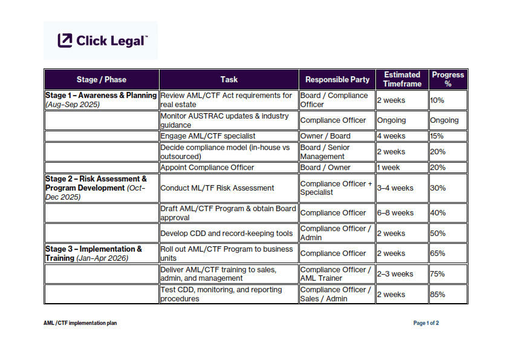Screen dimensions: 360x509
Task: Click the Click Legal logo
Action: (102, 41)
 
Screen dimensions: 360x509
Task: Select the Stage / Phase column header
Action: (102, 79)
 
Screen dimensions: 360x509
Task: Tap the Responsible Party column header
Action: (337, 79)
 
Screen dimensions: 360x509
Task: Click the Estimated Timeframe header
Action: (402, 79)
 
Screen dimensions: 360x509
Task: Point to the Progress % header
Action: (448, 79)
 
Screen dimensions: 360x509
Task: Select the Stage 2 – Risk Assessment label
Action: (96, 183)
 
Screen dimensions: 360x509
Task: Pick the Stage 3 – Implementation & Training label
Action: (94, 254)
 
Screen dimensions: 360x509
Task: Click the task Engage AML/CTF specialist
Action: (208, 136)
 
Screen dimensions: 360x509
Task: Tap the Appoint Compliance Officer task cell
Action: (207, 168)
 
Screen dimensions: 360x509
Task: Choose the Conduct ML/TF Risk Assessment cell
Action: (217, 188)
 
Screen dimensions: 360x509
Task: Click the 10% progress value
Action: (437, 100)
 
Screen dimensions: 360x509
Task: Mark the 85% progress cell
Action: (438, 295)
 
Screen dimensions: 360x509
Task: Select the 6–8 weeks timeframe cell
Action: (395, 213)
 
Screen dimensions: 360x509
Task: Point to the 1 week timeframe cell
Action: (388, 168)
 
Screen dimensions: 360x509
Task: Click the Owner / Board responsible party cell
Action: (325, 136)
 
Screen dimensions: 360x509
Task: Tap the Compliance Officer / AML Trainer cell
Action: (336, 274)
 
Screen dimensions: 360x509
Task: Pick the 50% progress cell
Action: (438, 234)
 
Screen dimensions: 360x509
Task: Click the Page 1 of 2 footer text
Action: (426, 323)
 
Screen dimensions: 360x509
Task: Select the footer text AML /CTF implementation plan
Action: (80, 323)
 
